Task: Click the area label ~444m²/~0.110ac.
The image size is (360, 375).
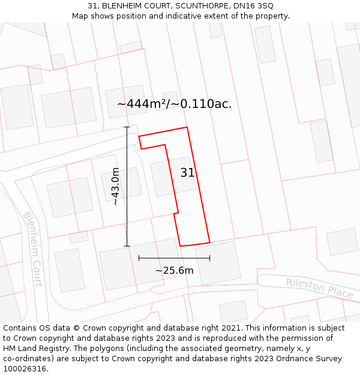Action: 174,104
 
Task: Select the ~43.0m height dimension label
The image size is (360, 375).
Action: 115,187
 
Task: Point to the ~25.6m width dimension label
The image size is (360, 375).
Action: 174,271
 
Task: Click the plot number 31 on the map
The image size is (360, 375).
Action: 187,173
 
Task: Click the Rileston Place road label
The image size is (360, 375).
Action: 319,287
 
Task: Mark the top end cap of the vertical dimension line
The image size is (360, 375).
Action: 127,127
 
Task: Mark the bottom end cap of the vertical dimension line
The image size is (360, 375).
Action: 127,245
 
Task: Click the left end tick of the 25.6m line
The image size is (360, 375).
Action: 139,258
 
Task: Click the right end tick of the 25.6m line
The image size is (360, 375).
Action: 210,258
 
